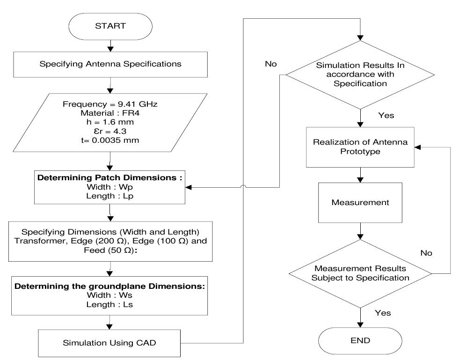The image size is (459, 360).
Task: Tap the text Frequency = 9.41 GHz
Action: tap(109, 104)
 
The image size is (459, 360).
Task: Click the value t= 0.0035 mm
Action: tap(109, 140)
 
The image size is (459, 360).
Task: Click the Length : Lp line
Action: tap(109, 196)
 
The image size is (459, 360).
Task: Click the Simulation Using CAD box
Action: tap(109, 343)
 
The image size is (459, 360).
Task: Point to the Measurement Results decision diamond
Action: tap(360, 273)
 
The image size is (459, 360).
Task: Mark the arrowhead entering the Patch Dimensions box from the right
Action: tap(189, 187)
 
